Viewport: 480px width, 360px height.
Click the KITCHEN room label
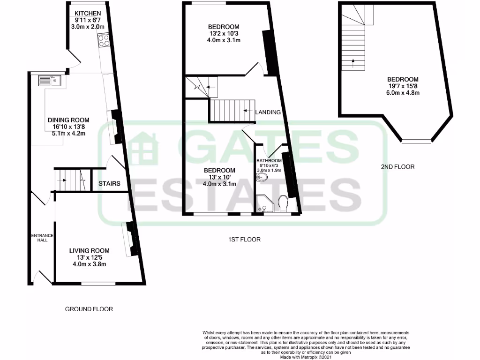pyautogui.click(x=87, y=13)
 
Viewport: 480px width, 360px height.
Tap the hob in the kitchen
pyautogui.click(x=105, y=41)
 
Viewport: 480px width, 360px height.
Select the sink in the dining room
pyautogui.click(x=49, y=81)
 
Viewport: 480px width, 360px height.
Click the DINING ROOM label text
pyautogui.click(x=68, y=120)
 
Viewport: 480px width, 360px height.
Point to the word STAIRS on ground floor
pyautogui.click(x=110, y=184)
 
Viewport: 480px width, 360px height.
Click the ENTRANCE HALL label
pyautogui.click(x=42, y=238)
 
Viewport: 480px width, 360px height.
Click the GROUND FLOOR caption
pyautogui.click(x=89, y=309)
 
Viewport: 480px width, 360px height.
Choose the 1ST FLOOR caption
pyautogui.click(x=241, y=239)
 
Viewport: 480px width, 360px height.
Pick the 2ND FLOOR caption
pyautogui.click(x=397, y=166)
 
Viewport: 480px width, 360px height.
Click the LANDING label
pyautogui.click(x=268, y=112)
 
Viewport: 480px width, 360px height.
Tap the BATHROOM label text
pyautogui.click(x=269, y=160)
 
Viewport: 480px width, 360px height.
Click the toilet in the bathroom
pyautogui.click(x=283, y=204)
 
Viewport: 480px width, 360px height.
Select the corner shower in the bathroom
pyautogui.click(x=261, y=203)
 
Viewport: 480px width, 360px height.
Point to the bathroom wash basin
pyautogui.click(x=262, y=178)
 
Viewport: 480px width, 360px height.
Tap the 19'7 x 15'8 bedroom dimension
pyautogui.click(x=403, y=86)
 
